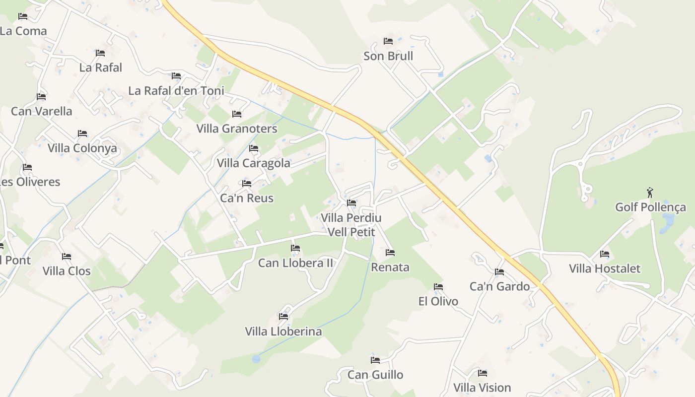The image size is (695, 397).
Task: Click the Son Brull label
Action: [388, 56]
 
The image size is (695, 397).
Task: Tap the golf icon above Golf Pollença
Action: [650, 193]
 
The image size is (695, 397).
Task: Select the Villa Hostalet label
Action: [605, 268]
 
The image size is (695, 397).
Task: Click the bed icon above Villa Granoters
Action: [237, 114]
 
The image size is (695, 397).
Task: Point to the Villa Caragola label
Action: [253, 163]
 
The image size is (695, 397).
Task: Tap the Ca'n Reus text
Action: [247, 198]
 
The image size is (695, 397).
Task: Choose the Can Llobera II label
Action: [295, 263]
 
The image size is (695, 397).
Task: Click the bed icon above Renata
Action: [390, 253]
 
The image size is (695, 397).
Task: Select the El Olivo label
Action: [438, 301]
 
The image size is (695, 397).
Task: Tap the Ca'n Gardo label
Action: [499, 286]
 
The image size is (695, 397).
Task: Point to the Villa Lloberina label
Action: [283, 331]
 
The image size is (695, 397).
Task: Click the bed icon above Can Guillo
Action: [375, 360]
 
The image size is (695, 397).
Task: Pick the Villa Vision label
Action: [482, 388]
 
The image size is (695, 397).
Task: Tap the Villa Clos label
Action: [67, 271]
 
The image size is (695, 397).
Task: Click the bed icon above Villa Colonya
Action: [82, 133]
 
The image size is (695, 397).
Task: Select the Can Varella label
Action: [42, 111]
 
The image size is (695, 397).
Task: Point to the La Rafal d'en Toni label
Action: [176, 91]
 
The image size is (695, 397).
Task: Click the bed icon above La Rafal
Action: [100, 53]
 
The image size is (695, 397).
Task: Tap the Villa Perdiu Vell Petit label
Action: [351, 225]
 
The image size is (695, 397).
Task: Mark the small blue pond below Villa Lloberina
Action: [256, 358]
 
